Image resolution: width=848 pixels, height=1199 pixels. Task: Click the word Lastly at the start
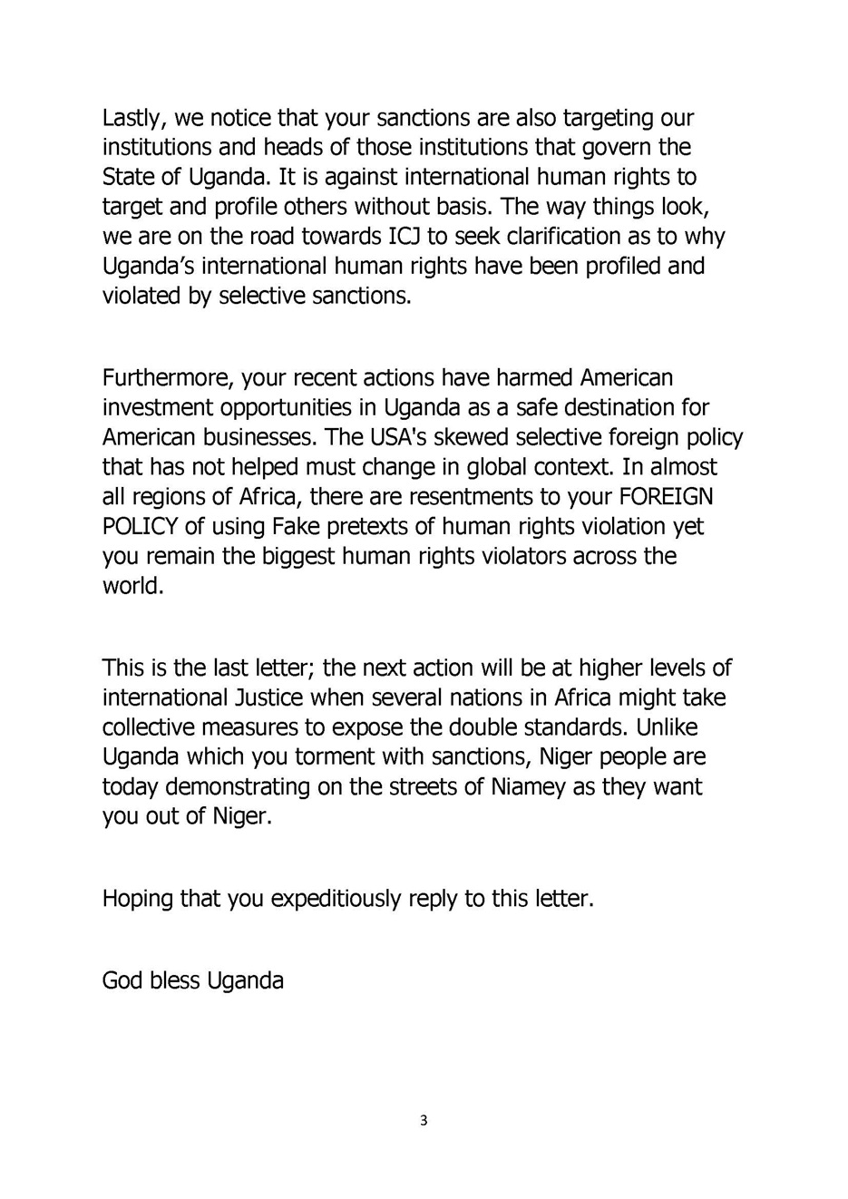[x=132, y=119]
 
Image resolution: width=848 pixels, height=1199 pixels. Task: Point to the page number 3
[x=424, y=1121]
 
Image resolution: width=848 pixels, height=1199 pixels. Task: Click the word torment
[x=349, y=756]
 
